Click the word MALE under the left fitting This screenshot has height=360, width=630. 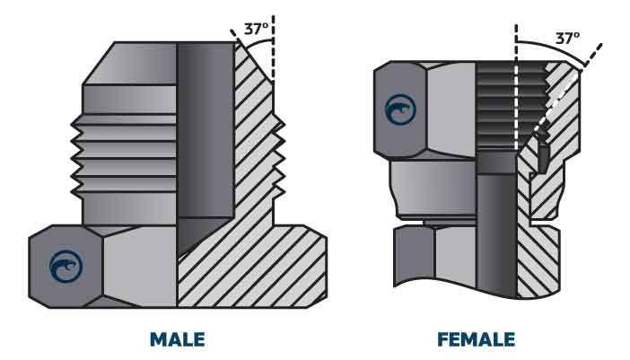177,339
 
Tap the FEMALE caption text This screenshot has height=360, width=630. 476,339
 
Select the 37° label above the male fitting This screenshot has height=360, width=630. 257,28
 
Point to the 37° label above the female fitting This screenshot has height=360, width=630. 567,39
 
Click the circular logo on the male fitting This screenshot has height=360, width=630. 66,267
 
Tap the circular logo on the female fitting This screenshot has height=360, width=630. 400,110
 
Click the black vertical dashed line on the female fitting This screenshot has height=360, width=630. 516,90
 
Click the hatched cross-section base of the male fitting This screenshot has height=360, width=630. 260,269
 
